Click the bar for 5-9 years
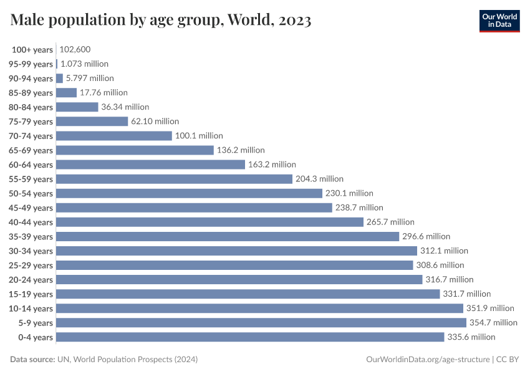click(x=261, y=322)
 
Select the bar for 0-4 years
click(x=250, y=337)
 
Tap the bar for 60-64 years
click(x=150, y=165)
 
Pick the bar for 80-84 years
click(x=77, y=107)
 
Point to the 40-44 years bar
click(x=210, y=222)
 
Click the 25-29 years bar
click(x=234, y=265)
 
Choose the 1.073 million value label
click(x=84, y=64)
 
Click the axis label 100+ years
click(x=32, y=49)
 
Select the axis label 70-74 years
click(x=31, y=136)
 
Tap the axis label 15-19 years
click(x=31, y=294)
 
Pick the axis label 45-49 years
click(x=31, y=208)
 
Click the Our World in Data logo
click(x=499, y=21)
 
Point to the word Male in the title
click(x=29, y=21)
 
